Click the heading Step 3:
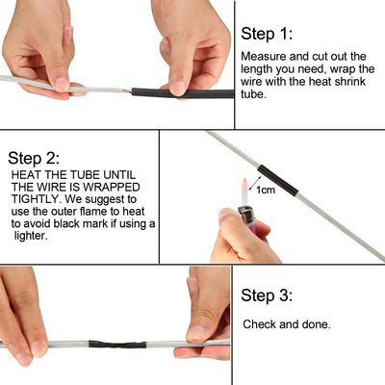point(270,295)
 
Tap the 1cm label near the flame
point(265,191)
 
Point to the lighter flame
point(245,187)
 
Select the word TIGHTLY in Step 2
point(35,198)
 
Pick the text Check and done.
point(287,324)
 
